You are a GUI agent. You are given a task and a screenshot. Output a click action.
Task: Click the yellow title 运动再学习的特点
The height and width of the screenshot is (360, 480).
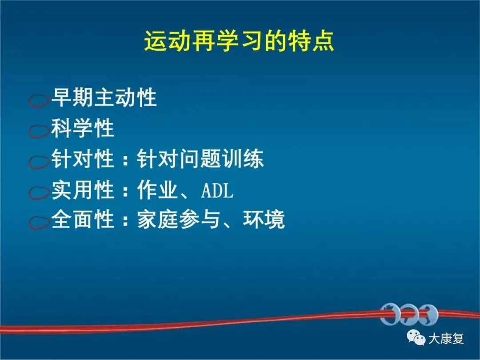point(239,41)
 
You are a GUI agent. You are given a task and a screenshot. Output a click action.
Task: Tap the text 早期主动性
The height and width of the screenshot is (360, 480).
point(104,98)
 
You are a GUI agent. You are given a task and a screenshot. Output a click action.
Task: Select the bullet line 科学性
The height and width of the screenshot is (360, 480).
point(83,128)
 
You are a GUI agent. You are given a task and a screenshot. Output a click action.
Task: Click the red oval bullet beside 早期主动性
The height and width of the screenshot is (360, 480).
point(39,100)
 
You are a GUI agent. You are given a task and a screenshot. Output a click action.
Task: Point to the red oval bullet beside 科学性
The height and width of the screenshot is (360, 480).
point(39,131)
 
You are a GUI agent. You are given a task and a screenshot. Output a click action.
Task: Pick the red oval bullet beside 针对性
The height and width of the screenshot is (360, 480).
point(39,162)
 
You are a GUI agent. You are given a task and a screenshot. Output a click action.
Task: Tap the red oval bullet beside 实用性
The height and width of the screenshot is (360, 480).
point(39,192)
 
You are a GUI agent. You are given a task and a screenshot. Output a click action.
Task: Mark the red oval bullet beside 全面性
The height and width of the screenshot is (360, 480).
point(39,222)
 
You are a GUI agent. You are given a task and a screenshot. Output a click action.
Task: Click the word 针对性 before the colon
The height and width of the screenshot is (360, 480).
point(83,159)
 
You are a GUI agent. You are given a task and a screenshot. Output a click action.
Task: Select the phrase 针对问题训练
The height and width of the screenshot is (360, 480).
point(200,159)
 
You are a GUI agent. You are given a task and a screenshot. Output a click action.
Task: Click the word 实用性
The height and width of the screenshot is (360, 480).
point(83,190)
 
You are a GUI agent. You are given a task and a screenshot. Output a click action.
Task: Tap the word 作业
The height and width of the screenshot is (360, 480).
point(158,190)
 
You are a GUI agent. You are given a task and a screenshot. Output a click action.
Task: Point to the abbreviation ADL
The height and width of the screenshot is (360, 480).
point(217,190)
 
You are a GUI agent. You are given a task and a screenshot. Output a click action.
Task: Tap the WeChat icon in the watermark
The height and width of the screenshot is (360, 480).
point(416,338)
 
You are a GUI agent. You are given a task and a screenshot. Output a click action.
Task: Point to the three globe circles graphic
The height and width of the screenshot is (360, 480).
point(409,315)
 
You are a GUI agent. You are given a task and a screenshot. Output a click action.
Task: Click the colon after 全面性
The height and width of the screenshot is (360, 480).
point(125,221)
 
